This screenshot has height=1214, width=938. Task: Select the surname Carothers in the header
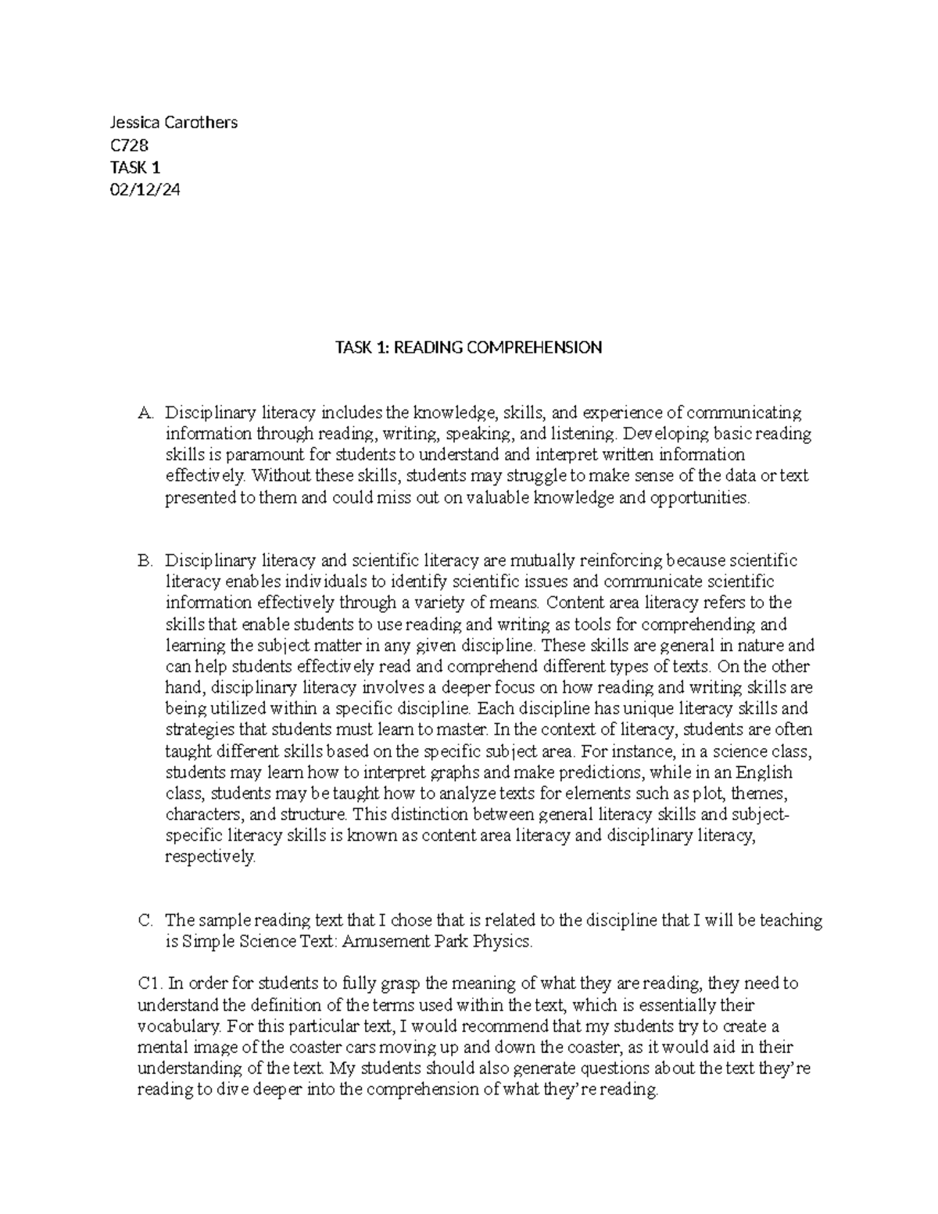(x=200, y=122)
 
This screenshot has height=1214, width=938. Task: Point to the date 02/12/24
(x=145, y=188)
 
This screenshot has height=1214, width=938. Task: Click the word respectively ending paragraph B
(x=209, y=857)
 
